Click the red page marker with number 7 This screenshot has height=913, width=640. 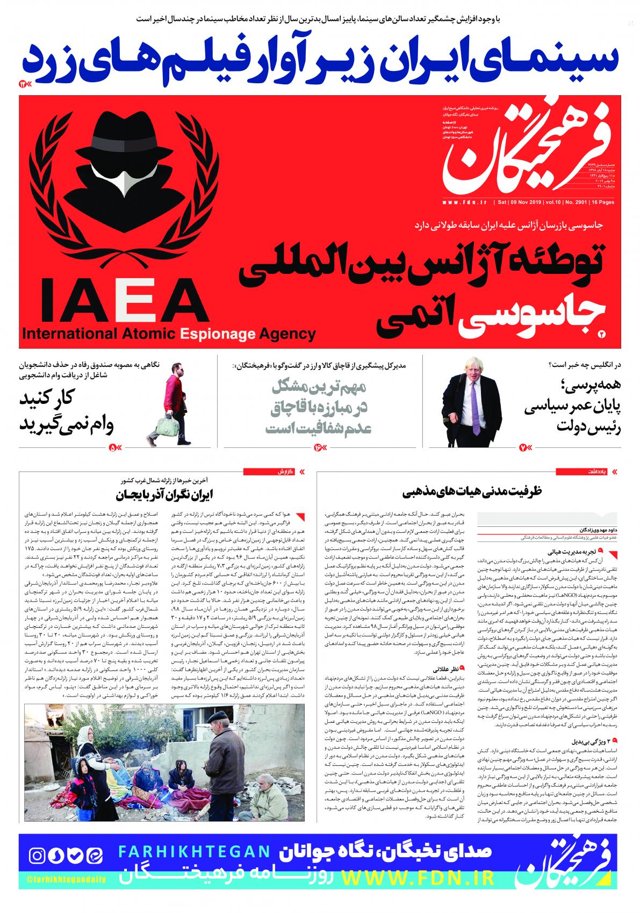525,447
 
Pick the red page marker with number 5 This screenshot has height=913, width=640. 116,447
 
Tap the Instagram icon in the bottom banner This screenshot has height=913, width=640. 38,855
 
